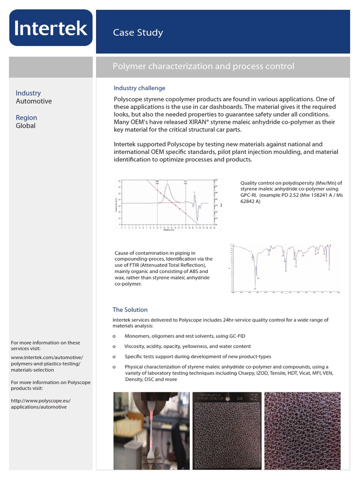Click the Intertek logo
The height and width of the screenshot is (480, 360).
click(51, 28)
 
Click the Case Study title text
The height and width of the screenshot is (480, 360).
click(138, 32)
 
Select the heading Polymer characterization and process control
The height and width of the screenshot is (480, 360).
click(203, 66)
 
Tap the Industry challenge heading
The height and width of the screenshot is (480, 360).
click(139, 88)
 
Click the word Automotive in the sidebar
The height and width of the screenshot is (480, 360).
click(34, 101)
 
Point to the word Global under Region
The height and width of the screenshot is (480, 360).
click(26, 126)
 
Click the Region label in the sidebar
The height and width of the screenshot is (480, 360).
click(26, 118)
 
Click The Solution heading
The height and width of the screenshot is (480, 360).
click(130, 310)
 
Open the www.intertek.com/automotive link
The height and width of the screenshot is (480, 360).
click(47, 357)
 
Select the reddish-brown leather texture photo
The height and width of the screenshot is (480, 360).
click(302, 430)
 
